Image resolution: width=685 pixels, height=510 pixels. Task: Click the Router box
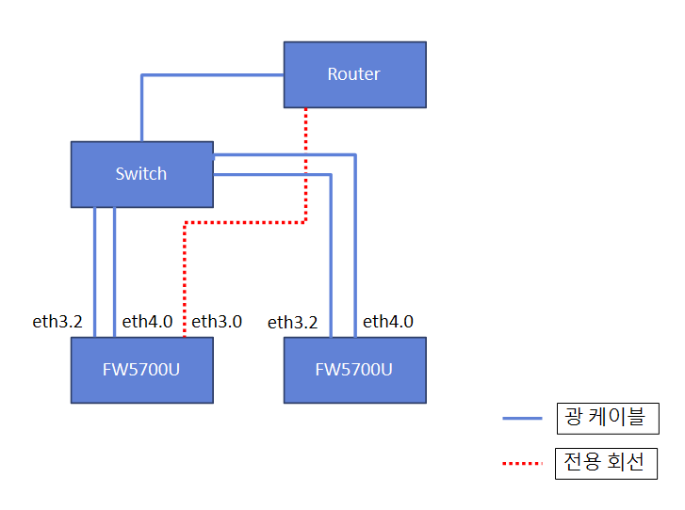[x=354, y=74]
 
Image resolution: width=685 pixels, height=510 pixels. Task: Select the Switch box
[x=141, y=174]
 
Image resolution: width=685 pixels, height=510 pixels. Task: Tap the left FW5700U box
[x=141, y=369]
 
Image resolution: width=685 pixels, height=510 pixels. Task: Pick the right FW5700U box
[x=354, y=369]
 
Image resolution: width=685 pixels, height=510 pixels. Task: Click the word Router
[x=354, y=74]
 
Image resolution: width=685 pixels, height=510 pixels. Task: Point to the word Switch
[x=141, y=174]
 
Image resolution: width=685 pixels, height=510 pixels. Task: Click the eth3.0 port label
[x=217, y=322]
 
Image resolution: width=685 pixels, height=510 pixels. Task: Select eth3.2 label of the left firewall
[x=57, y=322]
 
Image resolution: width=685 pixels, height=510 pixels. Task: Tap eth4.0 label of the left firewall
[x=147, y=322]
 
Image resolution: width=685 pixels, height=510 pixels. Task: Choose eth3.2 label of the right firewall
[x=293, y=323]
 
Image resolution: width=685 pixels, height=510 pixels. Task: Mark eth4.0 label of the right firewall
[x=388, y=322]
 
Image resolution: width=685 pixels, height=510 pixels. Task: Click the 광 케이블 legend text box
[x=606, y=417]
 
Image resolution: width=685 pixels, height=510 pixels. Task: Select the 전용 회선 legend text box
[x=606, y=463]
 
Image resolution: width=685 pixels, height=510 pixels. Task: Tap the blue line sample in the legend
[x=523, y=418]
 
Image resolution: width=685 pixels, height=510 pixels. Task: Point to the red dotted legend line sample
[x=523, y=464]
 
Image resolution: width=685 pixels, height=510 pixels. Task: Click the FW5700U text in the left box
[x=141, y=369]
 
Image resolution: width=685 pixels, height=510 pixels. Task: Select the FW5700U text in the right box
[x=354, y=369]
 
